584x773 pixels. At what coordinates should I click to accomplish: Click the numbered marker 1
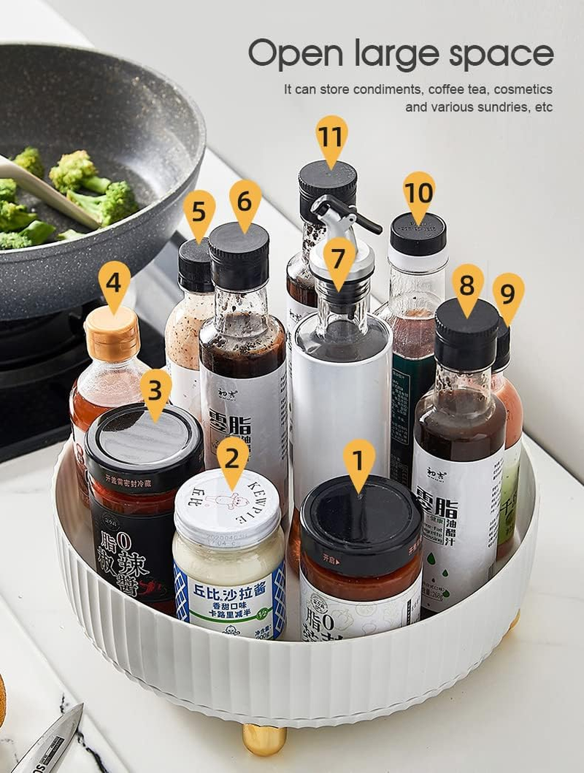pyautogui.click(x=358, y=461)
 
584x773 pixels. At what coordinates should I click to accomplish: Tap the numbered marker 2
pyautogui.click(x=232, y=458)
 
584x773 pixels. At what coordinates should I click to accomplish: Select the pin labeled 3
pyautogui.click(x=155, y=391)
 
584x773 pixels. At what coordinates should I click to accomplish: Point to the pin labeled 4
pyautogui.click(x=115, y=283)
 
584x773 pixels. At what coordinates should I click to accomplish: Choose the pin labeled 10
pyautogui.click(x=418, y=193)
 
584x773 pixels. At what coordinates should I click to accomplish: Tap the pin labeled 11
pyautogui.click(x=331, y=136)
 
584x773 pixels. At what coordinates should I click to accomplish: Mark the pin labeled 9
pyautogui.click(x=508, y=294)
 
